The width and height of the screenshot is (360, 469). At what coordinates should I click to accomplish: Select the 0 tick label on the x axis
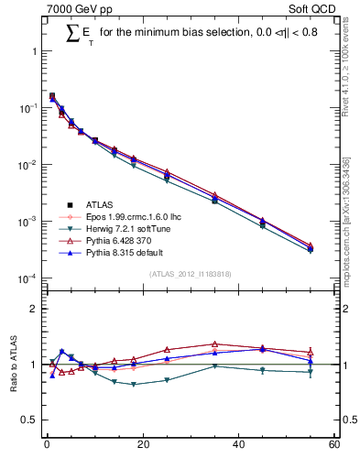46,446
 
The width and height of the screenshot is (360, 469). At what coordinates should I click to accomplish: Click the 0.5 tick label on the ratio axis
27,420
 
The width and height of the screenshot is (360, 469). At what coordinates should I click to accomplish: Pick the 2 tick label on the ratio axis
32,309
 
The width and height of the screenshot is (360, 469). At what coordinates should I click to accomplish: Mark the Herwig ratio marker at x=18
134,384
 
